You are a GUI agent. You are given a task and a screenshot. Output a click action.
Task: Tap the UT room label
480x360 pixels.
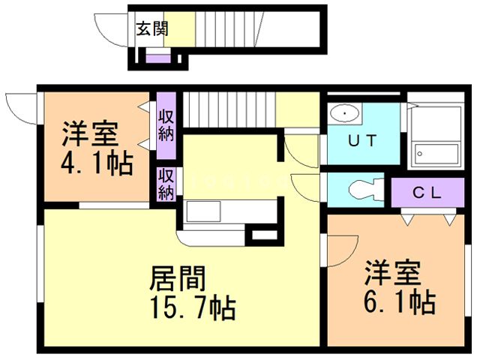point(362,139)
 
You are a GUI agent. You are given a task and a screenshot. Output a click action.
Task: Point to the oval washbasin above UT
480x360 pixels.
point(345,114)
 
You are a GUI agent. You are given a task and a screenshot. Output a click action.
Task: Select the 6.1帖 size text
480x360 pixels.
point(399,302)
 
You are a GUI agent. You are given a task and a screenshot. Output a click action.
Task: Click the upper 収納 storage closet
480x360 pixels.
point(166,125)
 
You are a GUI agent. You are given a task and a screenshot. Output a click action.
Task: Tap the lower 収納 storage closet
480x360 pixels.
point(166,184)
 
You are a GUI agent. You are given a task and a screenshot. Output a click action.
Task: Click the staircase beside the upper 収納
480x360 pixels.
point(229,109)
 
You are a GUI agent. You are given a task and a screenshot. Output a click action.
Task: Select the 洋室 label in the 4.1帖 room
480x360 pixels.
point(90,135)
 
